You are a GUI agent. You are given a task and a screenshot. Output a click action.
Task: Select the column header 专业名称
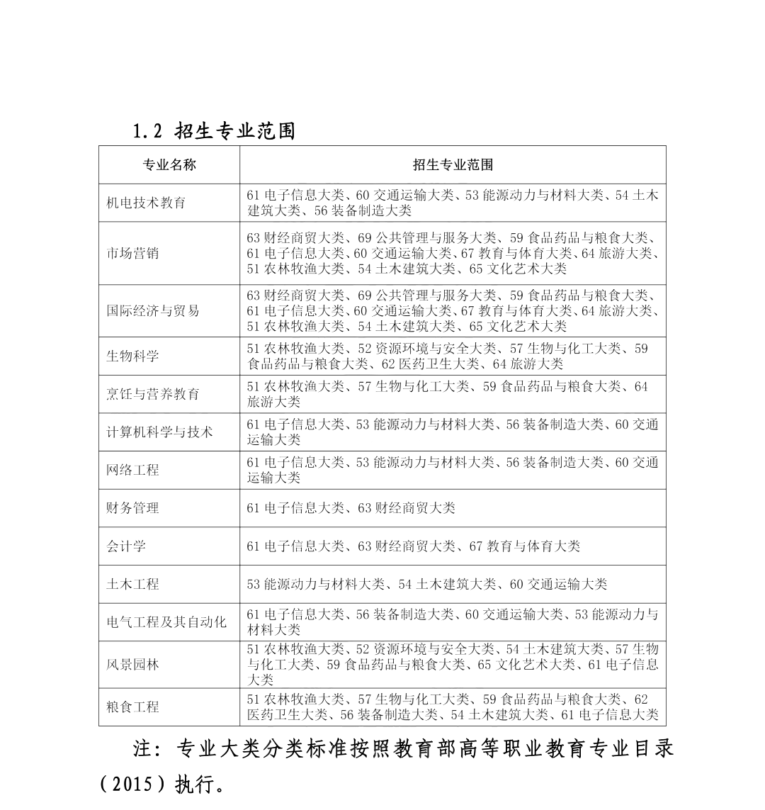tap(169, 165)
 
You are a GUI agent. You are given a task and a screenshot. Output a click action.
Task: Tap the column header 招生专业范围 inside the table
tap(453, 165)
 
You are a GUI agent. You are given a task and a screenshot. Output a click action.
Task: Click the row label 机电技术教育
tap(146, 203)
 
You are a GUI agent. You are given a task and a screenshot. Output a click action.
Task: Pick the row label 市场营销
tap(132, 253)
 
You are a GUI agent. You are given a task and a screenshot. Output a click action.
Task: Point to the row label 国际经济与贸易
tap(153, 310)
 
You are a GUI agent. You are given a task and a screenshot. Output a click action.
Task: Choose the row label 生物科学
tap(132, 356)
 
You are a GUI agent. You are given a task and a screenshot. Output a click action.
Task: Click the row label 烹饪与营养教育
tap(153, 394)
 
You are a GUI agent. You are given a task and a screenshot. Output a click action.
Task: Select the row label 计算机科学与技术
tap(159, 432)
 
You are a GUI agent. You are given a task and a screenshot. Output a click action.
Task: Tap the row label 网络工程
tap(132, 470)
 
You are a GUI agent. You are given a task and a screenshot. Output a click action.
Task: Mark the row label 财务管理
tap(132, 508)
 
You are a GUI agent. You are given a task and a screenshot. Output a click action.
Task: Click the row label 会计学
tap(126, 546)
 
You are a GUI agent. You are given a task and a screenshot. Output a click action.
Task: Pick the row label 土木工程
tap(132, 585)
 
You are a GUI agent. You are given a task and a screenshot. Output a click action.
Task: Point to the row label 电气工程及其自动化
tap(166, 622)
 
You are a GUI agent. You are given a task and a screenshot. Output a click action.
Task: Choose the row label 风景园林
tap(132, 665)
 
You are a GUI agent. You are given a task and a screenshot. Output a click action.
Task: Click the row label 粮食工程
tap(132, 707)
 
